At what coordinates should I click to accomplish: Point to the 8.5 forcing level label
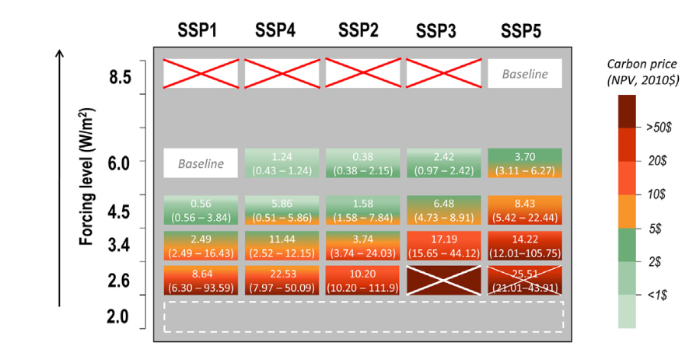tap(120, 78)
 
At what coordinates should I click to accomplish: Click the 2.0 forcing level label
tap(120, 316)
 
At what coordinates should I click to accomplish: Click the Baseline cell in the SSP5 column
tap(524, 75)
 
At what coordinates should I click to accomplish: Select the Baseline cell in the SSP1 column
tap(201, 163)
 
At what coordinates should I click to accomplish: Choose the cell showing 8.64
tap(201, 280)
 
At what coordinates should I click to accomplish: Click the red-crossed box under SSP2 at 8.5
tap(362, 74)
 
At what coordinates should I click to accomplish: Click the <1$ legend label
tap(650, 296)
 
